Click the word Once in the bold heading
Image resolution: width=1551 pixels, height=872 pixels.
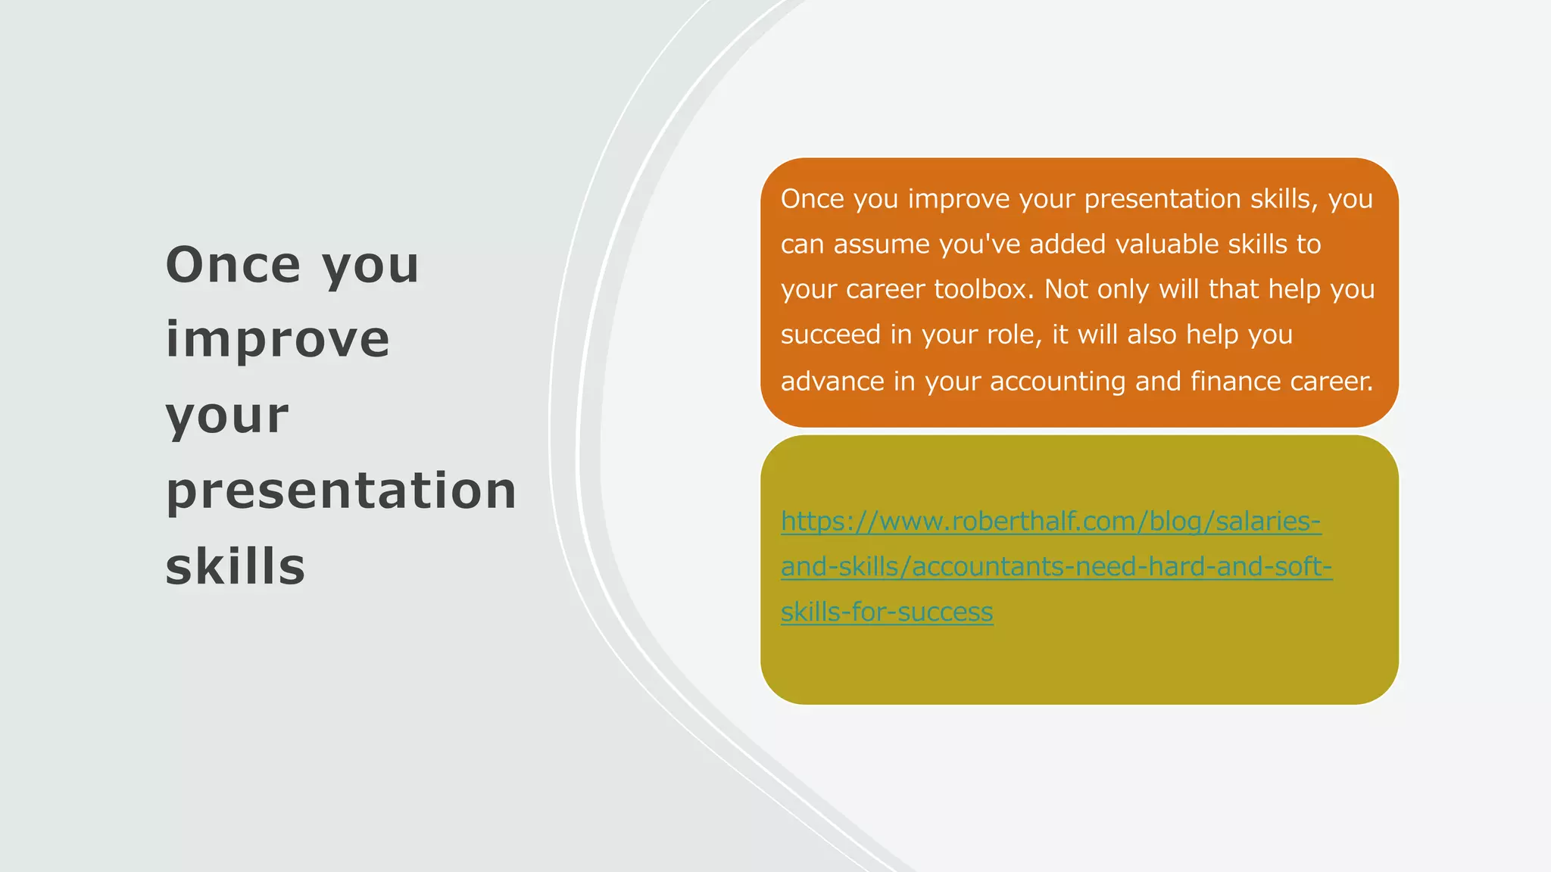(233, 265)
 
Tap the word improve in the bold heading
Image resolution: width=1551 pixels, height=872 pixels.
(277, 339)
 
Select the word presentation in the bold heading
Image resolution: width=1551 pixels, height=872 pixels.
(341, 490)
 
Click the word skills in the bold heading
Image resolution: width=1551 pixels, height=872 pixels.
(235, 566)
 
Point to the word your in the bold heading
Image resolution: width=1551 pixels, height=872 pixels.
(227, 415)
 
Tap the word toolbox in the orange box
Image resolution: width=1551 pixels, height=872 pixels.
(983, 289)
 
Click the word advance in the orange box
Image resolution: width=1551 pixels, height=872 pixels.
(832, 381)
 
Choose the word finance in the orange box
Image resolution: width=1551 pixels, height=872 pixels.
(1236, 381)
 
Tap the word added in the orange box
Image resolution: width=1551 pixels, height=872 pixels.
(1067, 244)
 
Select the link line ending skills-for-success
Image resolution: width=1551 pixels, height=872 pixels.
(887, 612)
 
